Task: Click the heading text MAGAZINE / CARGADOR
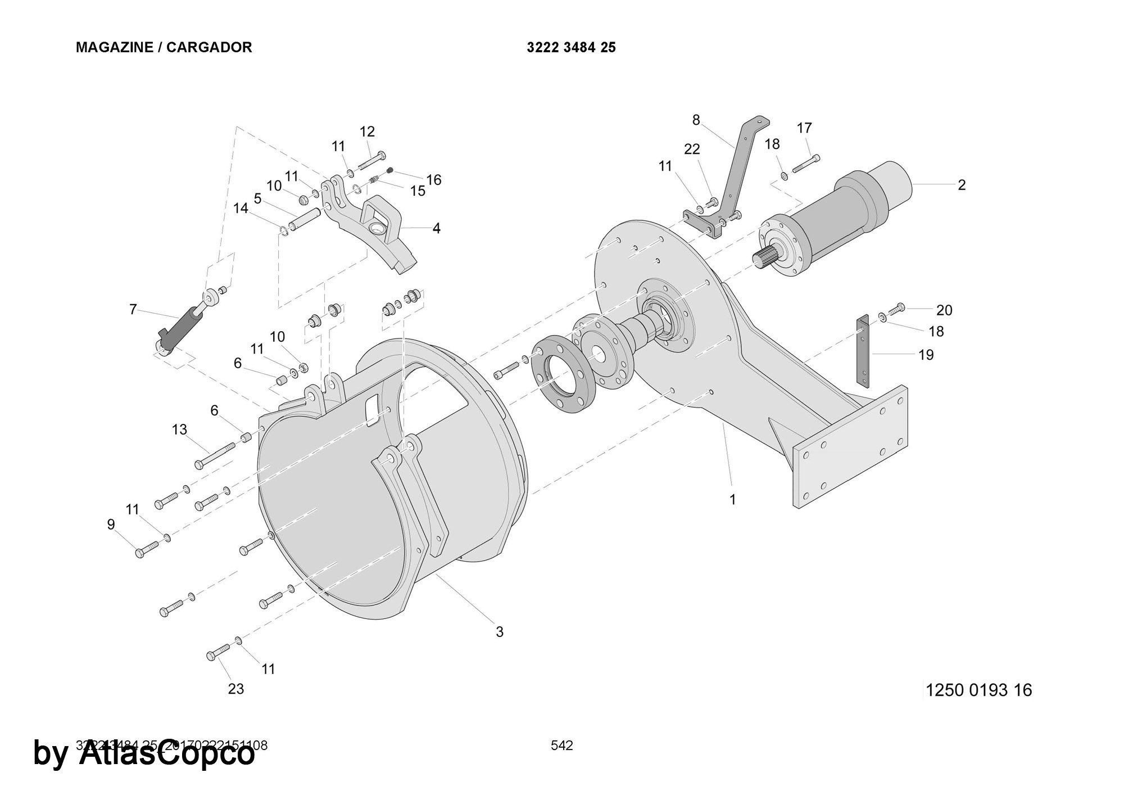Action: coord(164,47)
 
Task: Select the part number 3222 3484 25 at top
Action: coord(571,47)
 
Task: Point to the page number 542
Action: coord(561,746)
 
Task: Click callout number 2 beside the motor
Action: coord(962,185)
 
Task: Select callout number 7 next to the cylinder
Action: coord(133,309)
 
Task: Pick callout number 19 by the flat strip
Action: coord(926,355)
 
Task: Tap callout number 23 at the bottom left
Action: coord(236,689)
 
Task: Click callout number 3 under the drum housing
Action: coord(499,632)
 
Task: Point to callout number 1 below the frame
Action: coord(732,499)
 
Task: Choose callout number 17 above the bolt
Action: coord(804,128)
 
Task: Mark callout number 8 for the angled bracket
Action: coord(696,120)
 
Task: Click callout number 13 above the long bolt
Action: coord(179,430)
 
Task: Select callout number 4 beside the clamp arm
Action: coord(436,228)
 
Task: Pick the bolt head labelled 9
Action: coord(140,553)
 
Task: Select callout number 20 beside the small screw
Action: coord(944,310)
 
